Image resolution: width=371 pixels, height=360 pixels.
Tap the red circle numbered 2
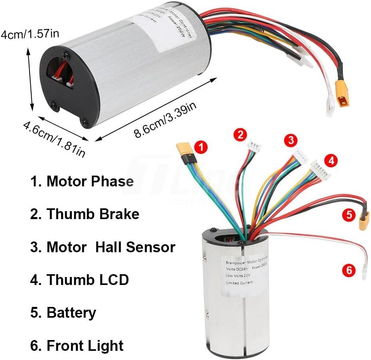(240, 135)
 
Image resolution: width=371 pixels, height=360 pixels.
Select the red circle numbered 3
(291, 140)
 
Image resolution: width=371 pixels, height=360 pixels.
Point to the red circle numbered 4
(330, 161)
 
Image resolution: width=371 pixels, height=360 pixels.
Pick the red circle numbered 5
(349, 216)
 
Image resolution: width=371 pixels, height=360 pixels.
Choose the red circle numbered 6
(349, 271)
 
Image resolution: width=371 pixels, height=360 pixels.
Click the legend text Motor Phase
(82, 182)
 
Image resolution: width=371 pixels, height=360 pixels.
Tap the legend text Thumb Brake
(85, 214)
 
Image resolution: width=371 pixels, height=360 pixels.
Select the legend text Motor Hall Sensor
(103, 247)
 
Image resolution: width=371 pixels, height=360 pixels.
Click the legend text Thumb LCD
(79, 280)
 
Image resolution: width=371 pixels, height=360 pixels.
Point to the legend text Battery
(63, 313)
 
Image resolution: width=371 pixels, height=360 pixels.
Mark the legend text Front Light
(77, 345)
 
